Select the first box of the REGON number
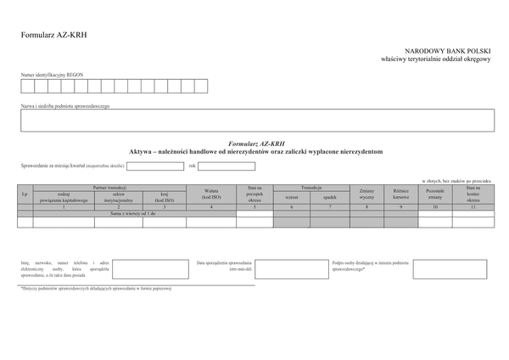tap(27, 86)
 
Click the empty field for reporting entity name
tap(255, 120)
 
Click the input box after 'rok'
tap(227, 166)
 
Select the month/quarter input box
tap(155, 166)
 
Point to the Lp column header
tap(25, 194)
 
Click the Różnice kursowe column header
tap(402, 194)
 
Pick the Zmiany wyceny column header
tap(366, 194)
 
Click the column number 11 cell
tap(473, 206)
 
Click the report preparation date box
tap(288, 270)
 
